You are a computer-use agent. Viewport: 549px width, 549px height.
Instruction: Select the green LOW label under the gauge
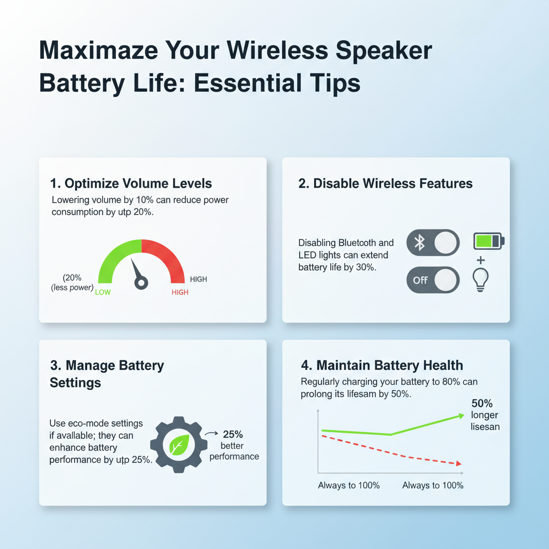[x=102, y=293]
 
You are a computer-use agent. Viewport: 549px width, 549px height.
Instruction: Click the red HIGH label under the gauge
[x=180, y=293]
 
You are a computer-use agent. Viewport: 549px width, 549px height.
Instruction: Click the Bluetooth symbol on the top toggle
[x=420, y=243]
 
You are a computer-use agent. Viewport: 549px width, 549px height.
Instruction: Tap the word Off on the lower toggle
[x=420, y=280]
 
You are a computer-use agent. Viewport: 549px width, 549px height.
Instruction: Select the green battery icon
[x=488, y=241]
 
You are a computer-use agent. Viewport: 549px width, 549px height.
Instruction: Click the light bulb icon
[x=481, y=279]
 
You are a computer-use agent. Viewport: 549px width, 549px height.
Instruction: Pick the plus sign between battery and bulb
[x=481, y=260]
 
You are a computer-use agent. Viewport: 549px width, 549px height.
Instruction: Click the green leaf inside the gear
[x=178, y=444]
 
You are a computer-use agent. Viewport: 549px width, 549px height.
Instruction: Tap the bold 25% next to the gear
[x=233, y=434]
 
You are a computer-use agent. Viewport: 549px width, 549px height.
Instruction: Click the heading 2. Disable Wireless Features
[x=385, y=184]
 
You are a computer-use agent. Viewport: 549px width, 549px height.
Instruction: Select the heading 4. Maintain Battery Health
[x=382, y=366]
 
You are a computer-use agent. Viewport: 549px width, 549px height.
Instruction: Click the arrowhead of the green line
[x=460, y=415]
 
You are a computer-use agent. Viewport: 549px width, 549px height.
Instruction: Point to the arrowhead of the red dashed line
[x=458, y=464]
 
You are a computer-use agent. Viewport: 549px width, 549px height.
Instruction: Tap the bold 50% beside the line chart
[x=482, y=403]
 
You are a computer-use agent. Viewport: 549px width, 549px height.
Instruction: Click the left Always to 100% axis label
[x=348, y=486]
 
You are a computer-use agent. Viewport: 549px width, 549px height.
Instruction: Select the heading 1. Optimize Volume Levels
[x=131, y=184]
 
